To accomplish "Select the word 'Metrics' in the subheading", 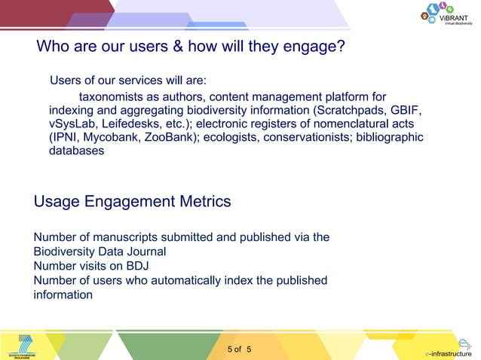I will [202, 202].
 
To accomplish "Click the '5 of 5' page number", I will [240, 349].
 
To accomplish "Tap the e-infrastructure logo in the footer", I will [450, 348].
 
